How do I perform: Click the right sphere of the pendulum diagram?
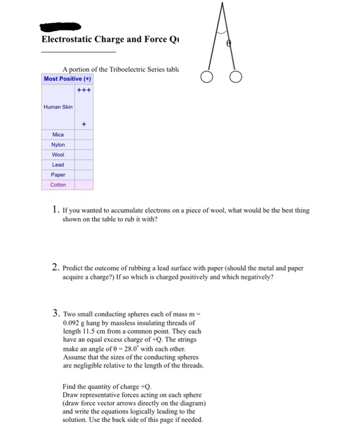[237, 78]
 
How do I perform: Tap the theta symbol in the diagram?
[229, 45]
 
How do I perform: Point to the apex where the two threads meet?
[222, 4]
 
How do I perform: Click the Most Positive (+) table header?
[67, 79]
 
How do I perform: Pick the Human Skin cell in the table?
[58, 106]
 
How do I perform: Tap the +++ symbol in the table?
[84, 89]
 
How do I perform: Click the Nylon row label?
[58, 145]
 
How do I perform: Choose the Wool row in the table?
[58, 155]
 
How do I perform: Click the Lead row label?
[58, 164]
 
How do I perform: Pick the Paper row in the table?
[58, 174]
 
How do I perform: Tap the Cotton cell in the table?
[58, 184]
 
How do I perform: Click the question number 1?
[56, 210]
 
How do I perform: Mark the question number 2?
[56, 267]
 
